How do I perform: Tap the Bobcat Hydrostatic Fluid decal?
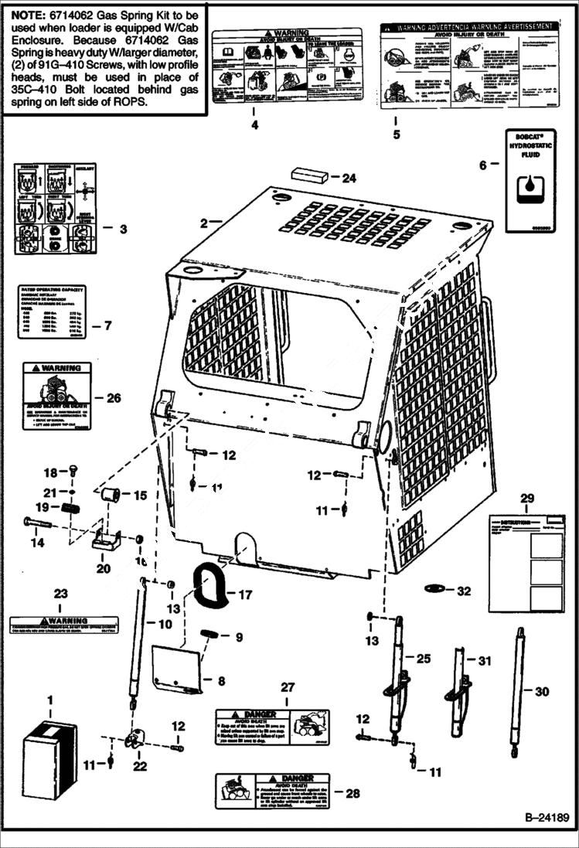point(531,180)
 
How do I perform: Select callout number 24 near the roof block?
point(349,178)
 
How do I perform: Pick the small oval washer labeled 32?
point(436,590)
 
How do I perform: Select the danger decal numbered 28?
point(271,790)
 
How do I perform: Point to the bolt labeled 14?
point(38,523)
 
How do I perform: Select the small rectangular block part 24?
point(309,175)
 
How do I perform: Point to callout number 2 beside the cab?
point(204,223)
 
